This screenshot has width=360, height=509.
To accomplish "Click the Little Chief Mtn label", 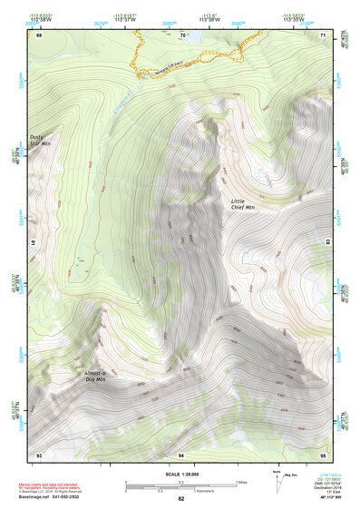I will click(243, 204).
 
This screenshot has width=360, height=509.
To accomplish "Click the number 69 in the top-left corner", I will click(39, 35).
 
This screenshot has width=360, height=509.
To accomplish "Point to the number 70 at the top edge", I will click(182, 35).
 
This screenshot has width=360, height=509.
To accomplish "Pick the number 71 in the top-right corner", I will click(323, 35).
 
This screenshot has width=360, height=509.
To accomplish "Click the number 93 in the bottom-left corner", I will click(39, 454).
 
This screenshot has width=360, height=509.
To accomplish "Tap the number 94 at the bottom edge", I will click(181, 454).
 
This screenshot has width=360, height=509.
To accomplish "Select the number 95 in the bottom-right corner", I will click(323, 454).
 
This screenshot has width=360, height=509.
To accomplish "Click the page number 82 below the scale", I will click(181, 499).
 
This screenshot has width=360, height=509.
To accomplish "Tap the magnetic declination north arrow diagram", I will click(277, 478).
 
